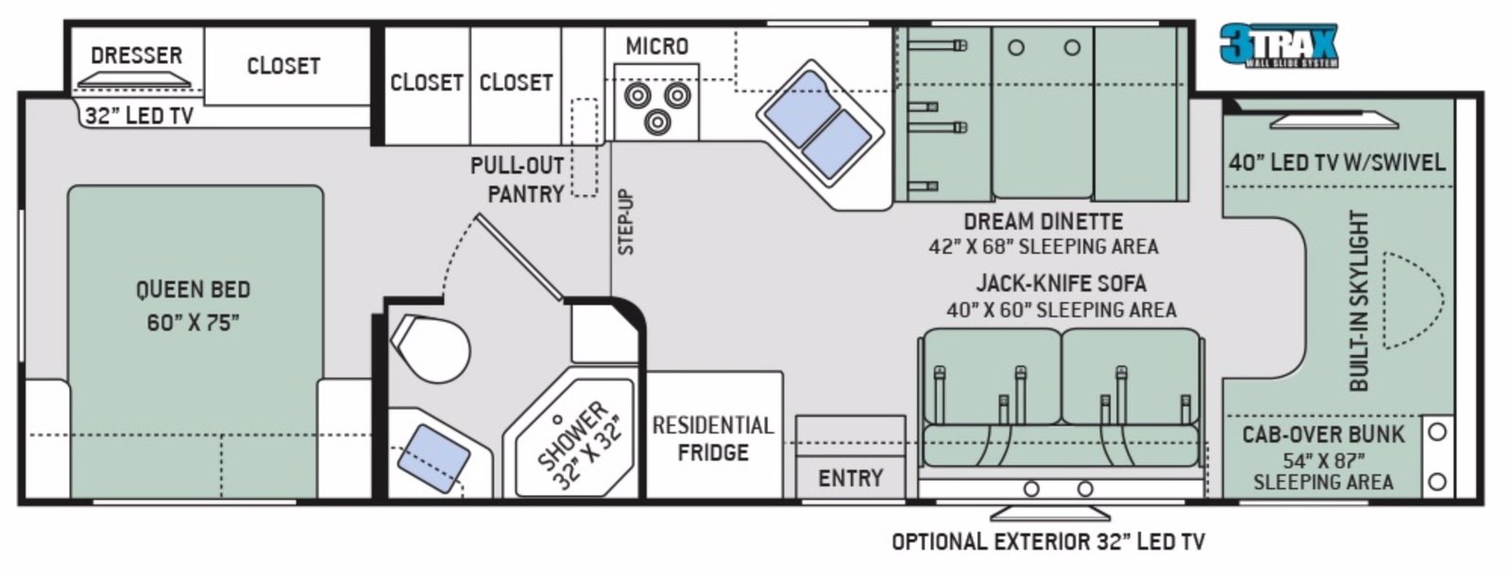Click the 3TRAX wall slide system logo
(1279, 45)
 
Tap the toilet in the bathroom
(431, 348)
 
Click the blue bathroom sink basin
(433, 459)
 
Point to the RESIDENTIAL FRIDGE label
(713, 438)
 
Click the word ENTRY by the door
(851, 479)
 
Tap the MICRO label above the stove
(657, 46)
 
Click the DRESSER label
(136, 56)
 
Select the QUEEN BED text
(194, 290)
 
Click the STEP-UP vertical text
(626, 222)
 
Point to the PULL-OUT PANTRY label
(517, 180)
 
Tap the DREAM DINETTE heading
(1043, 221)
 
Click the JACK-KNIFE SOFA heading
(1061, 283)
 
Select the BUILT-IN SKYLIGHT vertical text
(1359, 301)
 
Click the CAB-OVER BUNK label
(1323, 434)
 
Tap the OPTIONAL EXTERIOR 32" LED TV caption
(1048, 541)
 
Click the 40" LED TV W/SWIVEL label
(1337, 162)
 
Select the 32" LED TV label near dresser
(139, 116)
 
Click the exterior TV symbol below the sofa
(1049, 513)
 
